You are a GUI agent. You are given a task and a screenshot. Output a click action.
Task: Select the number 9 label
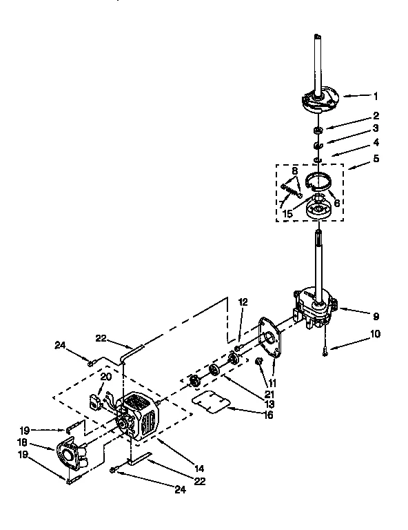(376, 317)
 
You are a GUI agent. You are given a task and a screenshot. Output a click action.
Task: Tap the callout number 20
(105, 376)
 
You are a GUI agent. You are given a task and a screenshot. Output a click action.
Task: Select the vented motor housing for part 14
(140, 416)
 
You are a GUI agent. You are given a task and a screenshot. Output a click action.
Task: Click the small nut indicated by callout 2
(317, 130)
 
